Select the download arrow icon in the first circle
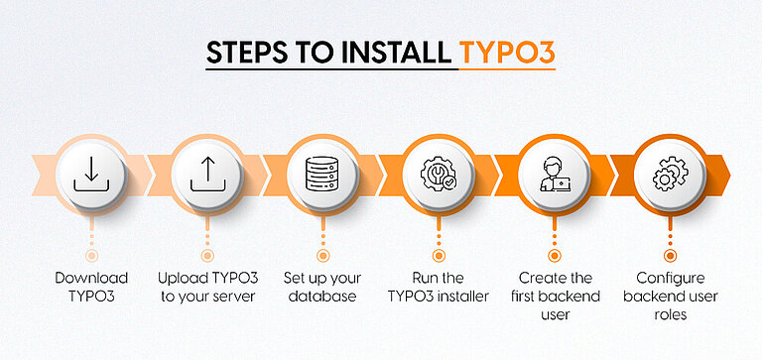click(x=91, y=175)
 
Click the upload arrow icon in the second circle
click(x=206, y=175)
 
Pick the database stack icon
click(x=322, y=175)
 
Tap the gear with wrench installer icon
click(x=439, y=175)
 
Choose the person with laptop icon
click(x=555, y=175)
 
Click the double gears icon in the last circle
click(x=670, y=175)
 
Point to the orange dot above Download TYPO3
click(x=91, y=255)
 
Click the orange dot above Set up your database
click(x=322, y=255)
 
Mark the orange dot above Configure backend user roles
click(x=670, y=255)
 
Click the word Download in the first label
click(x=91, y=278)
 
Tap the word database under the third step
click(x=322, y=297)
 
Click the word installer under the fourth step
click(x=462, y=297)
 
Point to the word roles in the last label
click(x=670, y=315)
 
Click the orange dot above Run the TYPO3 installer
click(x=439, y=255)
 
